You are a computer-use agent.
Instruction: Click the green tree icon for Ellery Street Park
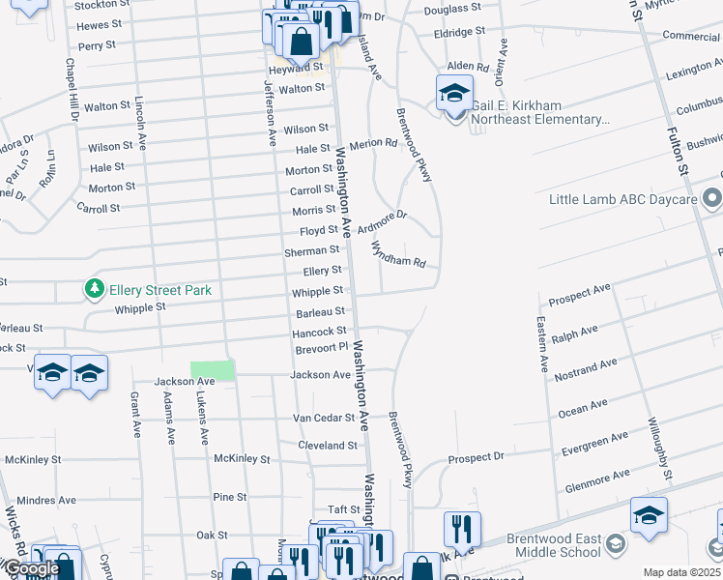(x=94, y=289)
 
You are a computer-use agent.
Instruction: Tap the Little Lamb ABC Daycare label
(x=622, y=199)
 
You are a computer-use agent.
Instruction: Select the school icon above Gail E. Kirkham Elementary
(x=454, y=94)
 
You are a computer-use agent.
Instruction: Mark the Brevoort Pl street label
(x=320, y=347)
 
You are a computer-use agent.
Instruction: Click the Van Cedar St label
(x=326, y=419)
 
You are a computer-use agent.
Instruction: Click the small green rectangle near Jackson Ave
(x=213, y=370)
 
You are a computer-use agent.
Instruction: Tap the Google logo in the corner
(x=31, y=568)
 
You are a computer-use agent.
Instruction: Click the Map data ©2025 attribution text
(x=681, y=572)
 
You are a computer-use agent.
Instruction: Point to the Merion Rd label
(x=378, y=143)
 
